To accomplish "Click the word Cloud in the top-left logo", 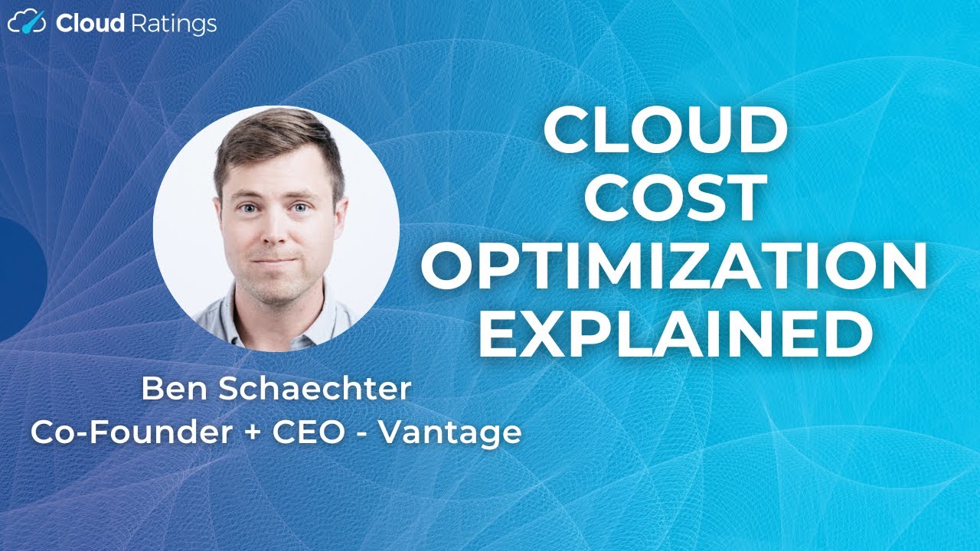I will pos(90,24).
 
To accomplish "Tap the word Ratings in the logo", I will pos(173,25).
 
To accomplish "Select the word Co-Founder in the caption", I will pos(130,432).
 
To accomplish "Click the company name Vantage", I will pos(451,434).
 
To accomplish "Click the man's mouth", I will pos(275,261).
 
